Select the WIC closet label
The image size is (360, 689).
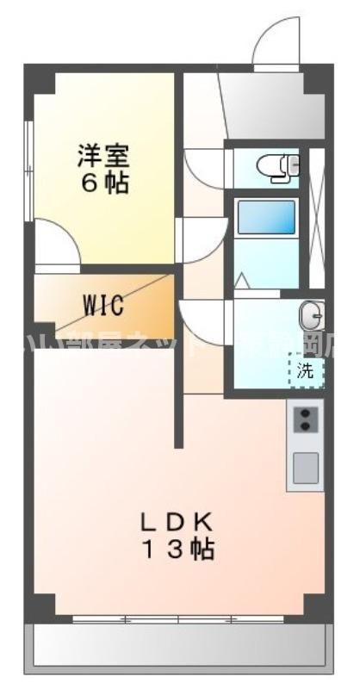coord(103,304)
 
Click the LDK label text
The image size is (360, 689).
coord(178,523)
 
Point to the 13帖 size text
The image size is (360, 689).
coord(178,549)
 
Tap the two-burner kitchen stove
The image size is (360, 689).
coord(305,419)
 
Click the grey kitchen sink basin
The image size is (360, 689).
coord(305,468)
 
